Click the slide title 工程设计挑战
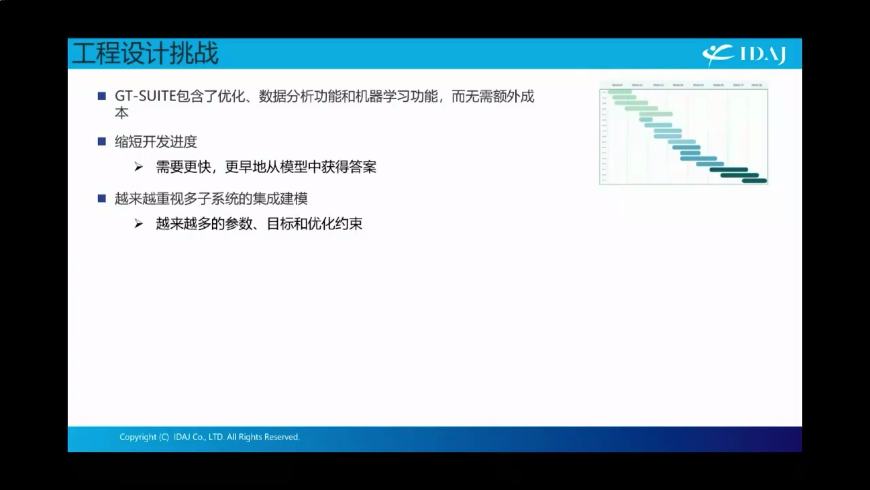[x=145, y=54]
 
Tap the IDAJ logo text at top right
[x=762, y=54]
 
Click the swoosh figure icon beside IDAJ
[x=718, y=54]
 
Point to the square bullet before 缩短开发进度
[x=102, y=142]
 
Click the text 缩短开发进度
[x=156, y=142]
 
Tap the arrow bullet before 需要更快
[x=139, y=167]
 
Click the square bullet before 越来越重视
[x=102, y=199]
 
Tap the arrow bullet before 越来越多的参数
[x=139, y=224]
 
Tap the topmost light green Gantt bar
[x=619, y=91]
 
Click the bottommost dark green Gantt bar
[x=754, y=180]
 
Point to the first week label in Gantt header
[x=617, y=85]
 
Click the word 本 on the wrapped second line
[x=122, y=113]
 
